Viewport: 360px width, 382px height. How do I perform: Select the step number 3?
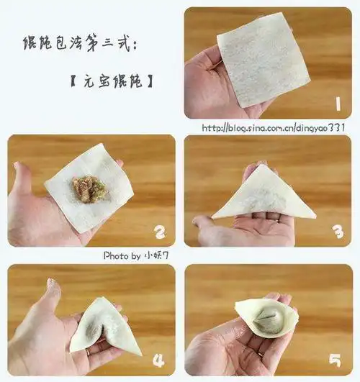(336, 231)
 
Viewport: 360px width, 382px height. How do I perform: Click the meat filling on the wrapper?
(87, 188)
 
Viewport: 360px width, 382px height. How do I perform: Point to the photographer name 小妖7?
(156, 255)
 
